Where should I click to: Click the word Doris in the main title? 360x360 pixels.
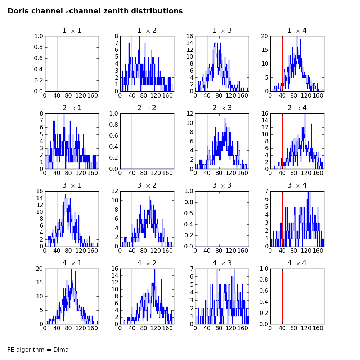17,11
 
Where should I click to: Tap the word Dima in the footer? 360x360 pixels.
61,350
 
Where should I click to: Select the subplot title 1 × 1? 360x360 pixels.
72,31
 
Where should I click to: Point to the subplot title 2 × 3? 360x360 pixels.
222,108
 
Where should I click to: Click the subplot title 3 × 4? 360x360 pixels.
297,185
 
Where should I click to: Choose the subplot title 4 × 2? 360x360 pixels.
147,263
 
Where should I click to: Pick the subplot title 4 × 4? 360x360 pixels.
297,263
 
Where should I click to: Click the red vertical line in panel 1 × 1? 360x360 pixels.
57,64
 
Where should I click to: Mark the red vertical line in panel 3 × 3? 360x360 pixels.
207,219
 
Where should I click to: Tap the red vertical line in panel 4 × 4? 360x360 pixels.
282,296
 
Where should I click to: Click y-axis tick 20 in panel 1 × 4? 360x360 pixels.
265,36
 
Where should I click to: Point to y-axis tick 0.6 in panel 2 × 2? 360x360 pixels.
113,136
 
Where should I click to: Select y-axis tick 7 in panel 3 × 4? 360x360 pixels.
266,191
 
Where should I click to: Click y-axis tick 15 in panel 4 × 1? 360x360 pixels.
40,282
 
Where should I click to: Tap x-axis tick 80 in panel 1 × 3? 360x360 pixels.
219,95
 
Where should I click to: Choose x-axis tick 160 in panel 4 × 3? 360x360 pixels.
243,328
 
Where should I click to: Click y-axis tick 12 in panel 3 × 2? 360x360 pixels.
114,191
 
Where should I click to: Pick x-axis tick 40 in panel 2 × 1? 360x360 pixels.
57,173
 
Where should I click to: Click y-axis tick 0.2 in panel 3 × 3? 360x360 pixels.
189,235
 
